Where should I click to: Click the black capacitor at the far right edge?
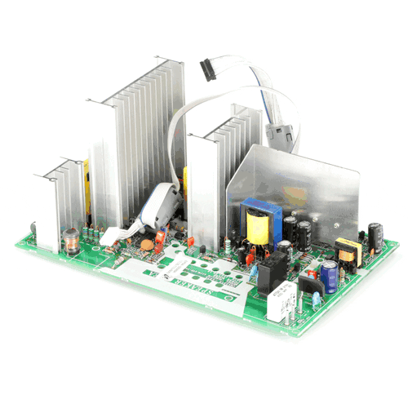(x=375, y=235)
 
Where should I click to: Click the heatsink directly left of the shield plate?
(x=214, y=175)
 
